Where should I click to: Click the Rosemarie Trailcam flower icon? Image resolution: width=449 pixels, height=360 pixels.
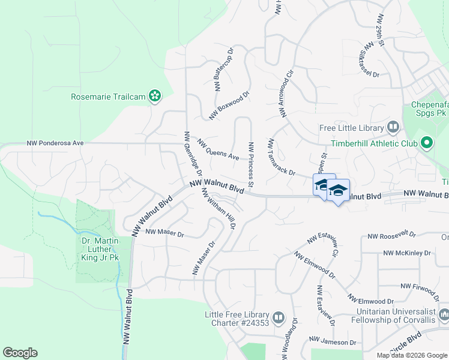tap(155, 96)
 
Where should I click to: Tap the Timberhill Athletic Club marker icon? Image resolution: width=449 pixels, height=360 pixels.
tap(427, 143)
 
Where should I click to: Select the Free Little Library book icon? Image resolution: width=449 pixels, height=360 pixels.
tap(393, 128)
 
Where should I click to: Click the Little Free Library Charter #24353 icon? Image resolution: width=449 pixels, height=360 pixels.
tap(279, 317)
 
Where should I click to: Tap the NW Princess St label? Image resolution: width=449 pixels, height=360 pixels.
tap(251, 163)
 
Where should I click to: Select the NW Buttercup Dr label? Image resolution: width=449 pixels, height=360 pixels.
tap(223, 71)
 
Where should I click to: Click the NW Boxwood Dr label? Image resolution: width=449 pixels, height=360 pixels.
tap(229, 105)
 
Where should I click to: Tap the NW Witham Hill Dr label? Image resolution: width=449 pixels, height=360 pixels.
tap(219, 208)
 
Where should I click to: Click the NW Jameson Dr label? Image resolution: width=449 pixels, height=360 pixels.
tap(333, 342)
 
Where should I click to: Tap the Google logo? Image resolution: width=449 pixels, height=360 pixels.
tap(20, 353)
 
